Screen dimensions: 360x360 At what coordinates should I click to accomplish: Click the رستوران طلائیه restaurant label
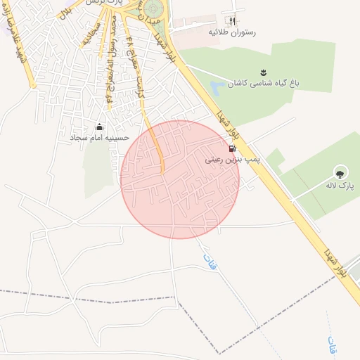pyautogui.click(x=232, y=32)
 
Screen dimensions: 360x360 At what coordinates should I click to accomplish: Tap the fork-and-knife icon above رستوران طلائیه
pyautogui.click(x=233, y=22)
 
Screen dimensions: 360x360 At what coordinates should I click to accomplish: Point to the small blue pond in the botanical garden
pyautogui.click(x=217, y=87)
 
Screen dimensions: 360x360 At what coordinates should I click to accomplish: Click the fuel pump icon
pyautogui.click(x=232, y=149)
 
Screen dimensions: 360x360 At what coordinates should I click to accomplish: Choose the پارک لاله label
pyautogui.click(x=340, y=186)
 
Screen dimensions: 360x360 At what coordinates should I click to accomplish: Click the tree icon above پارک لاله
pyautogui.click(x=340, y=172)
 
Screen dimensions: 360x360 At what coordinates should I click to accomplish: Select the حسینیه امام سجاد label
pyautogui.click(x=99, y=139)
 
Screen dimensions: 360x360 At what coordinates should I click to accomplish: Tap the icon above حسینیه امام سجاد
pyautogui.click(x=99, y=127)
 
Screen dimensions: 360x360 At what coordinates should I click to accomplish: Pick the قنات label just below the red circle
pyautogui.click(x=208, y=262)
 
